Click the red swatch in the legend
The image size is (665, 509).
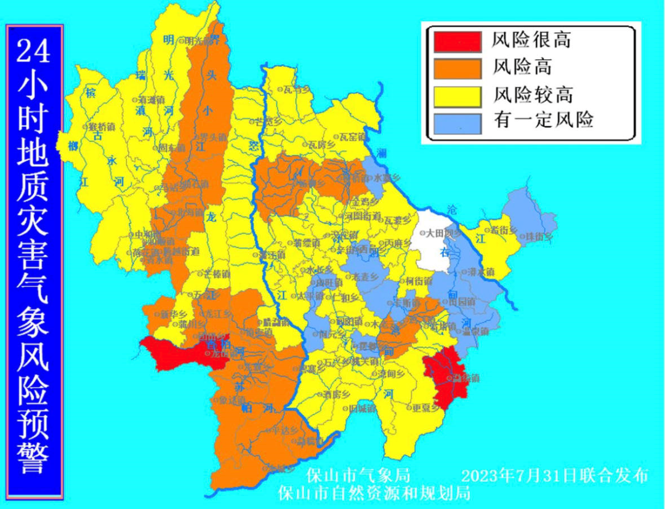point(457,41)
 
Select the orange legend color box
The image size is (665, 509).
point(457,66)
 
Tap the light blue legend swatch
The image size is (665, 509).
point(457,121)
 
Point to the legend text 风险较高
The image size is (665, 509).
point(533,94)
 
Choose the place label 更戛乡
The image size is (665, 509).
point(425,407)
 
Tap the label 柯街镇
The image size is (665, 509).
point(419,281)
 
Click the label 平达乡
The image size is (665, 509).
point(285,430)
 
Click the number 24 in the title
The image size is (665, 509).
point(33,52)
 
